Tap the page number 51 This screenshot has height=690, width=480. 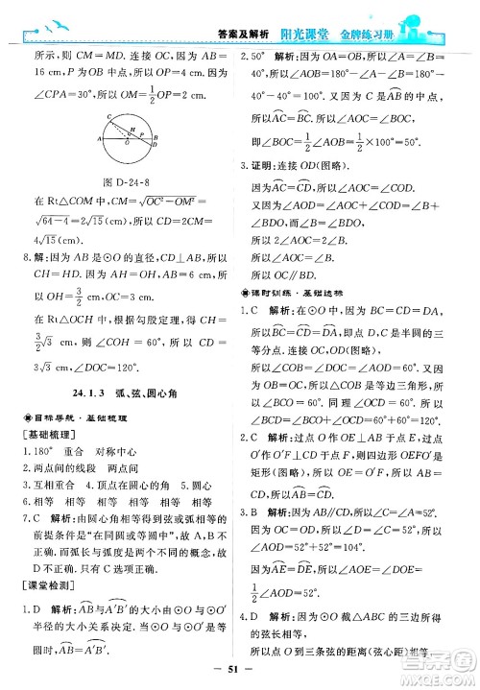(x=240, y=668)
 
